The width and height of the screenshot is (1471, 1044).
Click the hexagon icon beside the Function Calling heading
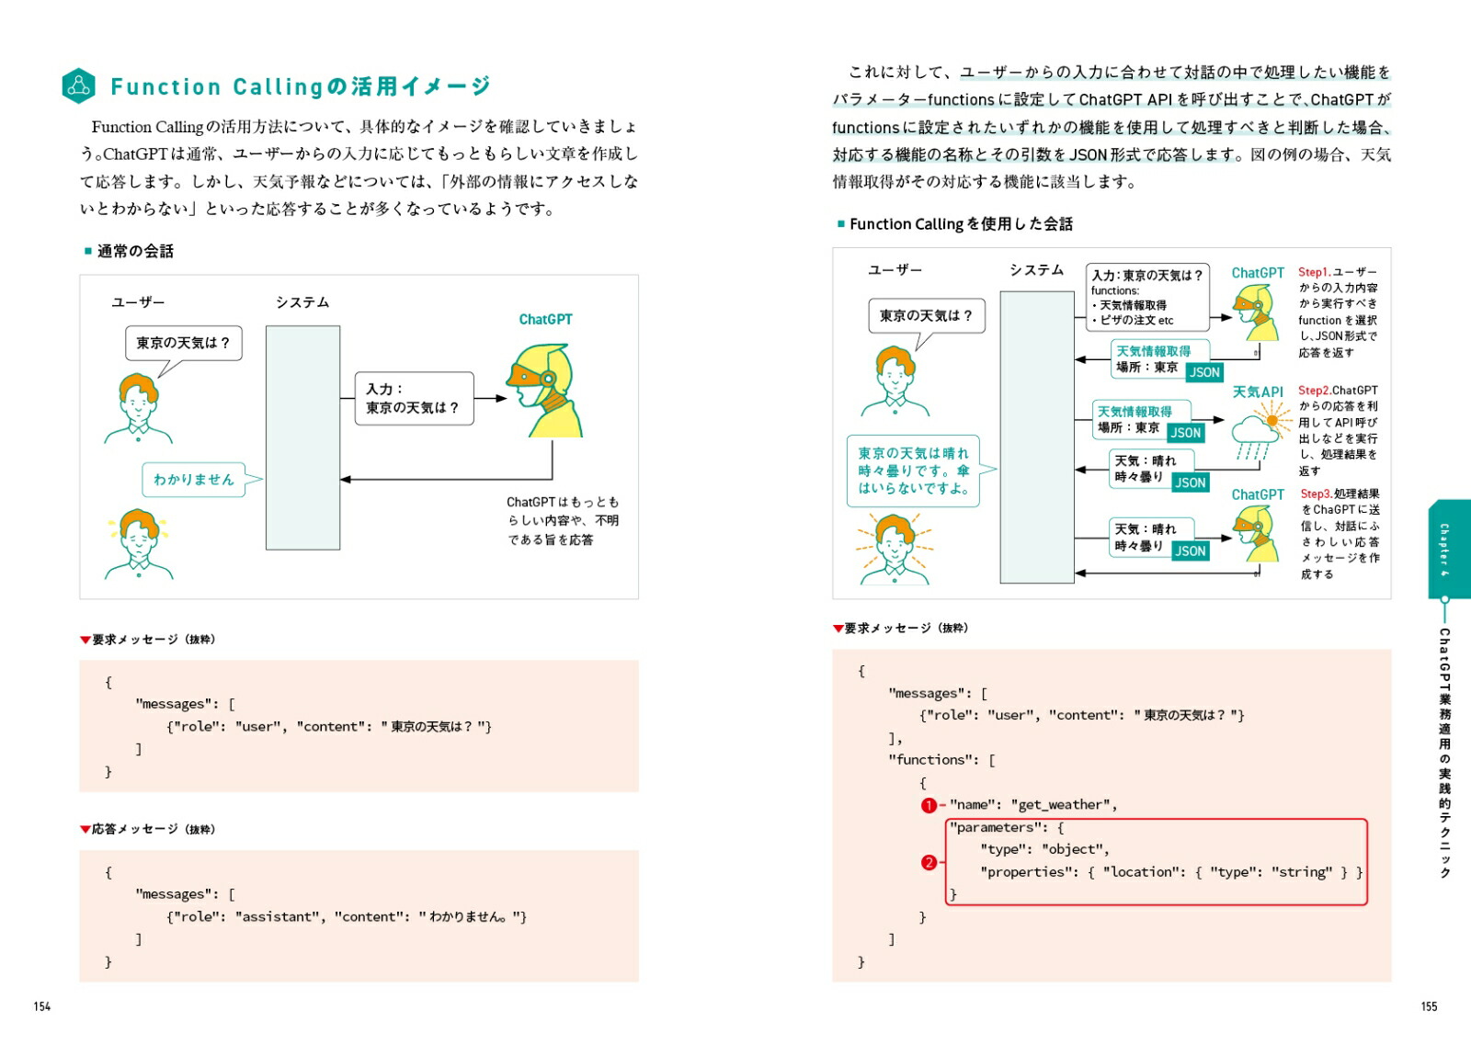[x=79, y=85]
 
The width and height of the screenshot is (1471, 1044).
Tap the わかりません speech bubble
[x=194, y=479]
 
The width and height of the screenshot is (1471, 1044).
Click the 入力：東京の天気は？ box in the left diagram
[x=414, y=398]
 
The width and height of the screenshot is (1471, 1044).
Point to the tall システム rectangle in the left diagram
[x=302, y=437]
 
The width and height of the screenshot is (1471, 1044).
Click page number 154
[x=42, y=1006]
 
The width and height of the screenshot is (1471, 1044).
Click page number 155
[x=1428, y=1006]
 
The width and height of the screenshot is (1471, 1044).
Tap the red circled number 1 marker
[x=929, y=805]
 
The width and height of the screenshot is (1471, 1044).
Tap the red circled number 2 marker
[x=929, y=862]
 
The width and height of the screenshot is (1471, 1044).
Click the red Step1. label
[x=1314, y=272]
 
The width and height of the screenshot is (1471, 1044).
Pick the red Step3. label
[x=1316, y=494]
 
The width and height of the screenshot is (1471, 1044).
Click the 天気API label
[x=1257, y=391]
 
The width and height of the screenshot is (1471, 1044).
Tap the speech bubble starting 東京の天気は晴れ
[x=912, y=471]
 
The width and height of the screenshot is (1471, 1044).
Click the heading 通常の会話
[x=135, y=251]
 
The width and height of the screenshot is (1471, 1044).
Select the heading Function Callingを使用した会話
[x=961, y=223]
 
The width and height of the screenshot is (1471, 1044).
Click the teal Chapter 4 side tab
[x=1444, y=549]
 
